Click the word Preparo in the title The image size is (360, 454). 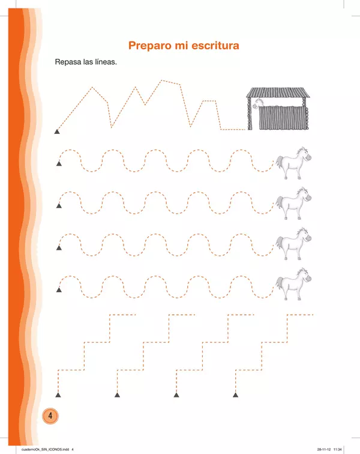(149, 46)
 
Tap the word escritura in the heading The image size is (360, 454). (215, 46)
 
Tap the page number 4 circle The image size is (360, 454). (50, 416)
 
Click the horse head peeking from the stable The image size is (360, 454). (258, 103)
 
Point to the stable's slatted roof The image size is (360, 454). (278, 92)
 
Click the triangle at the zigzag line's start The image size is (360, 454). (57, 132)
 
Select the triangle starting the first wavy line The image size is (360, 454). (59, 164)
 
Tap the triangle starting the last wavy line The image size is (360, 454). (59, 289)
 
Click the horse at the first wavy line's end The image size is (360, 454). (293, 163)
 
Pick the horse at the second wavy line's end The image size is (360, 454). (293, 203)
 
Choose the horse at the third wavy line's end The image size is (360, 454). (293, 244)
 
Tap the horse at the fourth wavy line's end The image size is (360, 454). (293, 284)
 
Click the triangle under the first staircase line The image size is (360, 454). (58, 395)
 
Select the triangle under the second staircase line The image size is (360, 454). (117, 395)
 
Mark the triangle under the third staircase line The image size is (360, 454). (176, 395)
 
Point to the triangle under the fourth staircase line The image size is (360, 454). (236, 395)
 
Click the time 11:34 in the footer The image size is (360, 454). (337, 450)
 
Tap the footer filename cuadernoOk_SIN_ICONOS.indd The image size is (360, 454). (45, 450)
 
